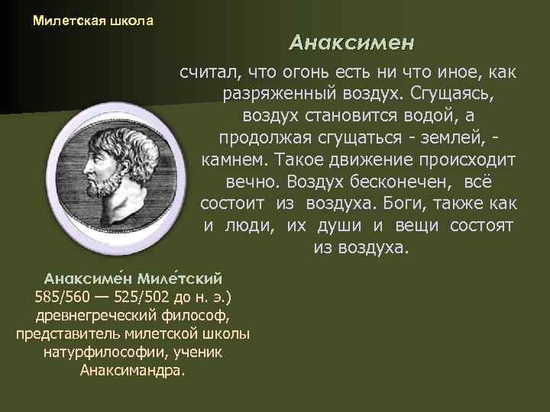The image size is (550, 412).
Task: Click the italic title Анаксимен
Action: [351, 43]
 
